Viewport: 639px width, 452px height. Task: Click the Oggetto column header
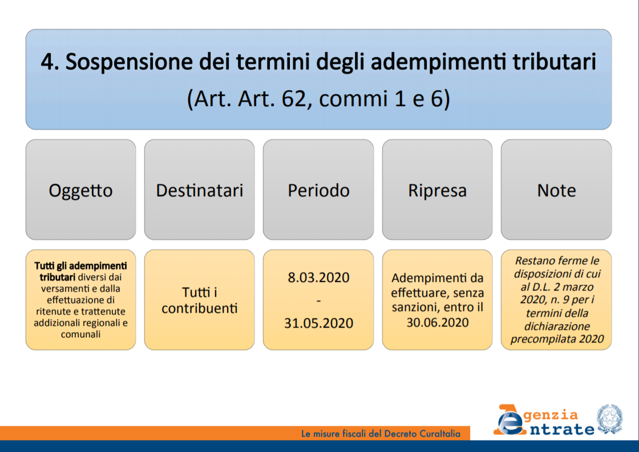[80, 189]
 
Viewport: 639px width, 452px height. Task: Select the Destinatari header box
[199, 189]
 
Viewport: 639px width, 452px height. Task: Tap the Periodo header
[318, 189]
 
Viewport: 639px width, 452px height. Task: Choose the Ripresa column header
[437, 189]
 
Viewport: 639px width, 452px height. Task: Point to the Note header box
[556, 189]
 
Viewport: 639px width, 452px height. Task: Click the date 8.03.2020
[319, 277]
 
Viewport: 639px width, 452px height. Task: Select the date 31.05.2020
[319, 323]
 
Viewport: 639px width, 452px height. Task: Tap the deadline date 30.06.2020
[438, 322]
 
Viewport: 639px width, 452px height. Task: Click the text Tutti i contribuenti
[199, 300]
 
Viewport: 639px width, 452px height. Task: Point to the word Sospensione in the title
[129, 62]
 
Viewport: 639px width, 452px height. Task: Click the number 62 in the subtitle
[294, 99]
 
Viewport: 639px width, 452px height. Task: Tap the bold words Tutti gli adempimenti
[80, 266]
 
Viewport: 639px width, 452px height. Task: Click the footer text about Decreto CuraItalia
[381, 434]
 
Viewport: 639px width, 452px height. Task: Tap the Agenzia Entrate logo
[544, 421]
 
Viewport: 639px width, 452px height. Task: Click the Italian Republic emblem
[610, 419]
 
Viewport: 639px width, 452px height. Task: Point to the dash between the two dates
[319, 301]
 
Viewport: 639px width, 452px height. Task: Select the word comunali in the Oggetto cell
[80, 334]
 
